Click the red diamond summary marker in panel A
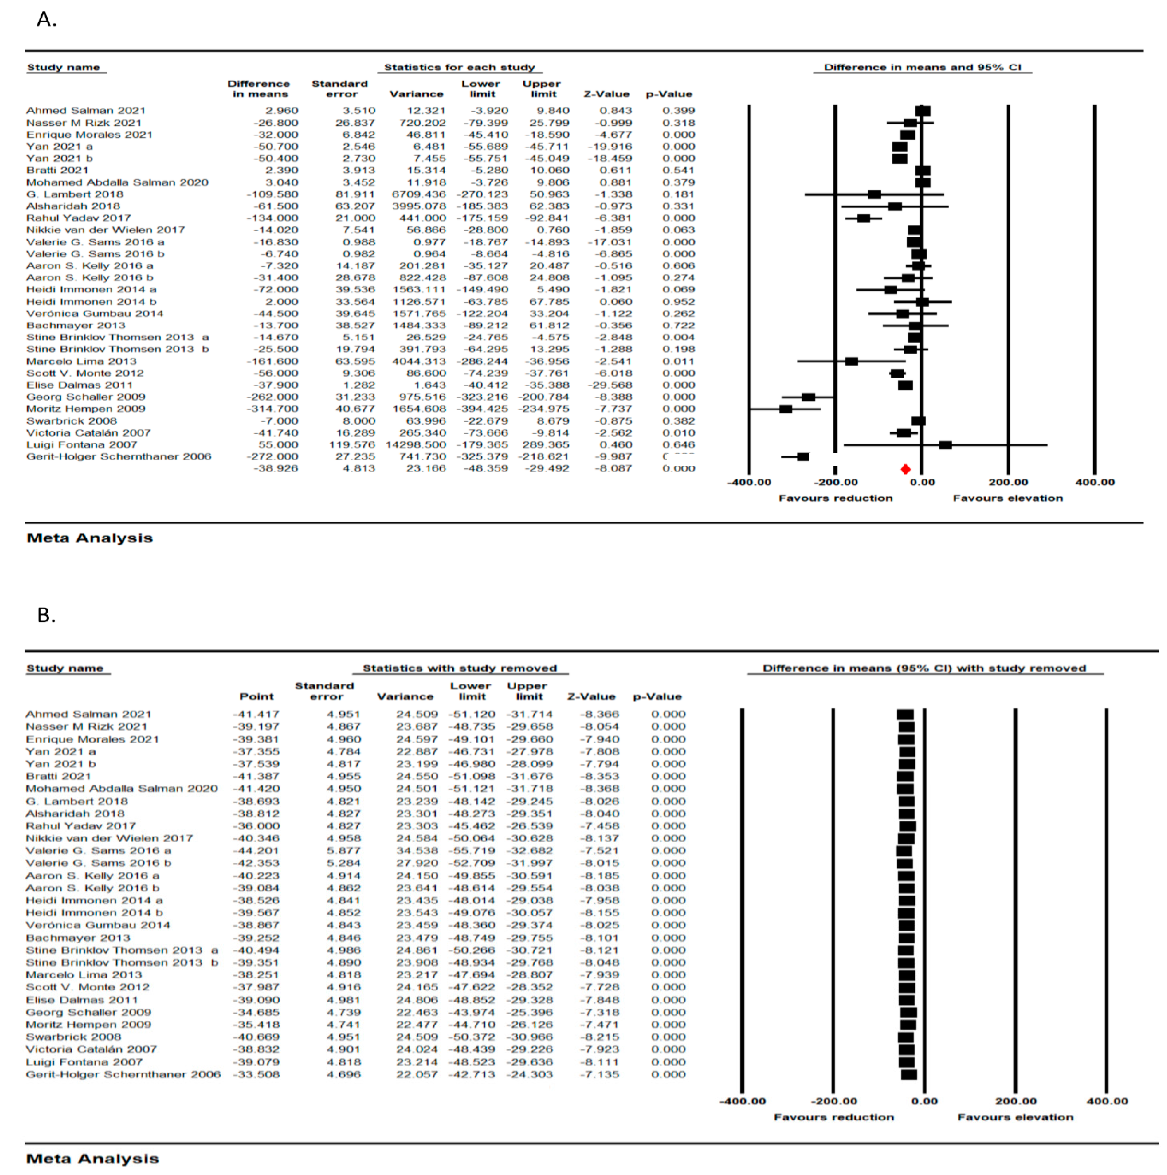click(x=905, y=469)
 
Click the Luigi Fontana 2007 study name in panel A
click(x=82, y=445)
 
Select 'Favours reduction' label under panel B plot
click(x=834, y=1117)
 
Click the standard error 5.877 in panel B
click(x=344, y=850)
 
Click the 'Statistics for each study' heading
click(x=459, y=67)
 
